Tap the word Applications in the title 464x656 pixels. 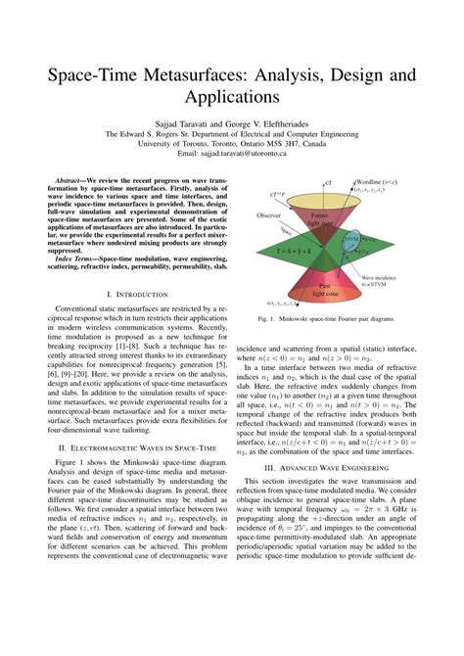point(231,99)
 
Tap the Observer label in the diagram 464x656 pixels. point(268,214)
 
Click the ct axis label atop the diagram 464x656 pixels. point(328,183)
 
